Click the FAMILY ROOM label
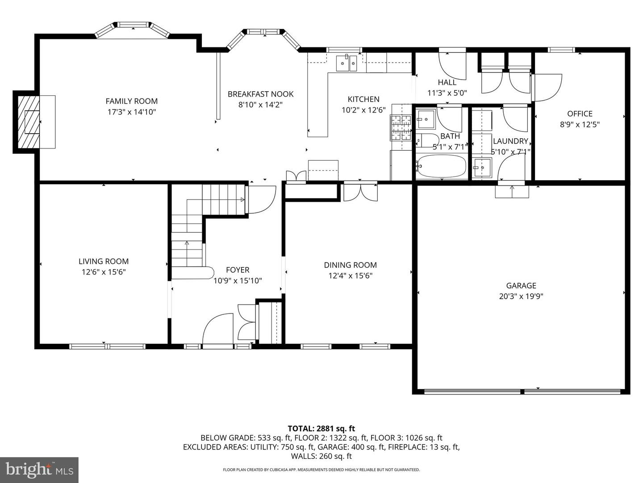(x=132, y=101)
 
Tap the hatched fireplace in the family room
(x=29, y=122)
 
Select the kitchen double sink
(x=347, y=63)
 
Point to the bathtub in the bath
(x=442, y=166)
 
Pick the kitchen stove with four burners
(x=401, y=127)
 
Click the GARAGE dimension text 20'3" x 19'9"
(x=521, y=296)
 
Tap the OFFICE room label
(x=580, y=114)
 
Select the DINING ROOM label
(x=351, y=265)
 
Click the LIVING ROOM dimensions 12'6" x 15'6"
(x=104, y=272)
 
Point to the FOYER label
(x=238, y=270)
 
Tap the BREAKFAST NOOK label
(x=260, y=94)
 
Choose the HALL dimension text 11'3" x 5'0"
(x=447, y=93)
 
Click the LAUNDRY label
(x=510, y=141)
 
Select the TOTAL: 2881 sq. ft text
(x=321, y=428)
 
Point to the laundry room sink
(x=482, y=168)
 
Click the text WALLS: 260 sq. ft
(x=321, y=456)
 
